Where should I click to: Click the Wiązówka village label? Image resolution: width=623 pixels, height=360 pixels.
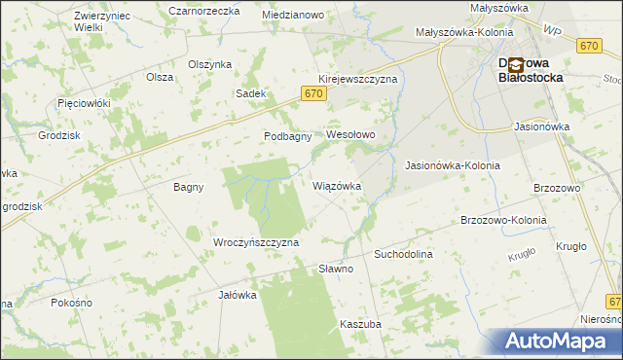click(x=337, y=185)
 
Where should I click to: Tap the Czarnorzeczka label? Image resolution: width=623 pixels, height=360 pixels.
click(x=203, y=11)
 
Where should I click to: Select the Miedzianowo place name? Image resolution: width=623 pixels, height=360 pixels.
click(x=293, y=16)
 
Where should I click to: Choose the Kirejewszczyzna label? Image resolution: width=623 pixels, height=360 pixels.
click(x=357, y=79)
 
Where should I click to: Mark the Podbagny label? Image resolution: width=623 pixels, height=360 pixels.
click(x=287, y=136)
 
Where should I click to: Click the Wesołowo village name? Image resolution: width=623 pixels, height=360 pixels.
click(x=350, y=134)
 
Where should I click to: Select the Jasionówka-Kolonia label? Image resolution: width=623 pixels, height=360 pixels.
click(x=452, y=165)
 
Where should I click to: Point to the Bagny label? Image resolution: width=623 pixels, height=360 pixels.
click(x=188, y=187)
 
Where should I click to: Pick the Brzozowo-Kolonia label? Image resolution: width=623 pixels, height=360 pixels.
click(x=503, y=220)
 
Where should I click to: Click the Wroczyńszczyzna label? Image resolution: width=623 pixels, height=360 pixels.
click(x=255, y=241)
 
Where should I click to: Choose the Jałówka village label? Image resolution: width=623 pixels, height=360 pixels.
click(x=237, y=295)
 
